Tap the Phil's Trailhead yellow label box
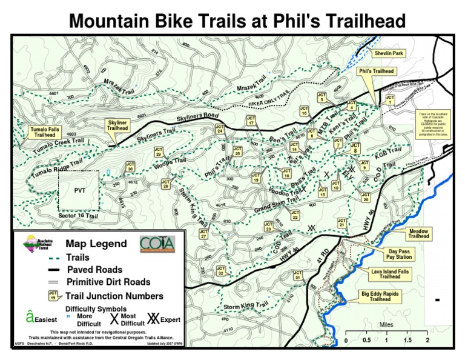[376, 72]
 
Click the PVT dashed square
[79, 190]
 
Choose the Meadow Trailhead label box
[418, 233]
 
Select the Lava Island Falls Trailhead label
[390, 274]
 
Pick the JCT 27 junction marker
[204, 234]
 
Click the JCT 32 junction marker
[221, 270]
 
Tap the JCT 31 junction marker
[297, 276]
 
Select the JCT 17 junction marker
[251, 120]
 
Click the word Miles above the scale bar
[386, 325]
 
